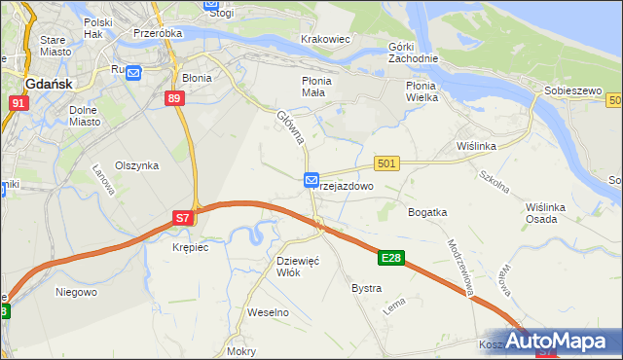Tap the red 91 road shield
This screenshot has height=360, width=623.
tap(18, 102)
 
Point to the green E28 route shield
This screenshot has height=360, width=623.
tap(391, 258)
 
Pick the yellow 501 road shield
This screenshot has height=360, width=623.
tap(386, 164)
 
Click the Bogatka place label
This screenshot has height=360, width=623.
tap(427, 211)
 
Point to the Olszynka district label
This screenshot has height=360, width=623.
tap(136, 165)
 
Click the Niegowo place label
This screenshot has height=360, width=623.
tap(76, 291)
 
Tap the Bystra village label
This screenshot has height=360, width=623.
tap(366, 288)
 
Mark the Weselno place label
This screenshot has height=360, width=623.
tap(269, 312)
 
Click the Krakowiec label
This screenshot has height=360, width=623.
tap(326, 38)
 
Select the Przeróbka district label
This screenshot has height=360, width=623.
tap(160, 31)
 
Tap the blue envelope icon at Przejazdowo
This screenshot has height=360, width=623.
tap(311, 180)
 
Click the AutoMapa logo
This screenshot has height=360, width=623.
tap(567, 342)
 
